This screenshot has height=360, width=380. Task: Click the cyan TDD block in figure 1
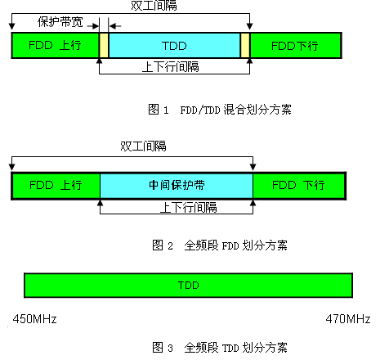[174, 46]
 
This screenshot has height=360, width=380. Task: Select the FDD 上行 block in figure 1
[56, 46]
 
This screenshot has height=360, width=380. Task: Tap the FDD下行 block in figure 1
[296, 46]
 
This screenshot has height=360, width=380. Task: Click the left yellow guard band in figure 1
[104, 46]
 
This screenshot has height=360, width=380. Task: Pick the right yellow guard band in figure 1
[245, 46]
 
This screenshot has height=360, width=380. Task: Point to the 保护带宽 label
[60, 22]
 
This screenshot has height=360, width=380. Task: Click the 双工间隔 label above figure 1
[154, 6]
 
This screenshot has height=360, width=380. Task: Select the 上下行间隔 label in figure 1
[171, 67]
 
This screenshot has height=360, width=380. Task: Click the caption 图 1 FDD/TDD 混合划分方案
[220, 110]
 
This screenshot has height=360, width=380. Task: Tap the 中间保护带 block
[177, 186]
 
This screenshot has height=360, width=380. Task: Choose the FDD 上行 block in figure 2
[56, 186]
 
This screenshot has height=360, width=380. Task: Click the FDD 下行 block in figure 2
[299, 186]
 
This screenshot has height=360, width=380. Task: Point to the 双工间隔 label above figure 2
[143, 146]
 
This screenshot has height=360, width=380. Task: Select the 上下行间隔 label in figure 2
[189, 208]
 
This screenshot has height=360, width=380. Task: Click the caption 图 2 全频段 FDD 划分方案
[220, 245]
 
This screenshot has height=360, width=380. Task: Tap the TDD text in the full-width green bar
[189, 286]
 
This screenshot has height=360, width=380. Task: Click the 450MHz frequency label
[34, 319]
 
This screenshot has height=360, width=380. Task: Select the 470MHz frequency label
[348, 319]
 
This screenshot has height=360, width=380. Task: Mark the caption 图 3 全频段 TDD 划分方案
[220, 348]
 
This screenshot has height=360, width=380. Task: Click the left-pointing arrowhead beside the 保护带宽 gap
[112, 26]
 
